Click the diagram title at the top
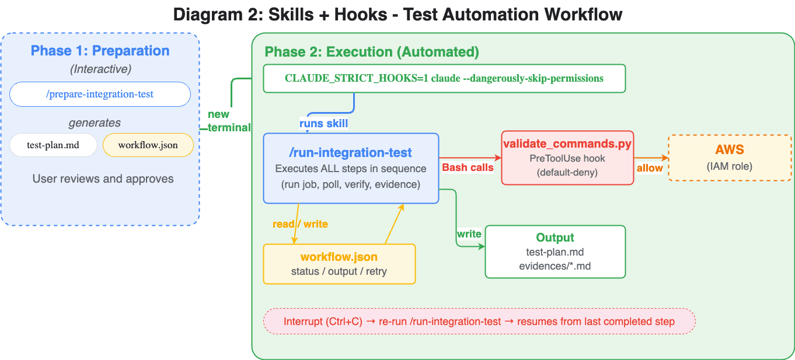click(x=397, y=14)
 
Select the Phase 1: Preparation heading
click(x=100, y=51)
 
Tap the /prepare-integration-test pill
click(x=100, y=94)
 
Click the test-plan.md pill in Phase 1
click(x=53, y=145)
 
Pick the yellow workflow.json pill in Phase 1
click(x=148, y=145)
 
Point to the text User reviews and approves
click(x=103, y=179)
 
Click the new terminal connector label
click(x=229, y=121)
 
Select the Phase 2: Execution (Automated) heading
click(x=372, y=52)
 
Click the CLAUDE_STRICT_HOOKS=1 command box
click(x=444, y=78)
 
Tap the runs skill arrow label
click(x=323, y=123)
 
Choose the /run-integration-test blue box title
click(x=351, y=153)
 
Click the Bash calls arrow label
click(x=468, y=167)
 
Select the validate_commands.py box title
click(x=567, y=144)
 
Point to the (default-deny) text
click(x=567, y=172)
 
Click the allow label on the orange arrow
click(x=650, y=168)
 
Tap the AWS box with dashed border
click(x=730, y=158)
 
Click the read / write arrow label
click(x=300, y=224)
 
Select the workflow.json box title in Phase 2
click(x=339, y=257)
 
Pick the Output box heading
click(x=555, y=237)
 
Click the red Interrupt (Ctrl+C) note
click(x=479, y=321)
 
